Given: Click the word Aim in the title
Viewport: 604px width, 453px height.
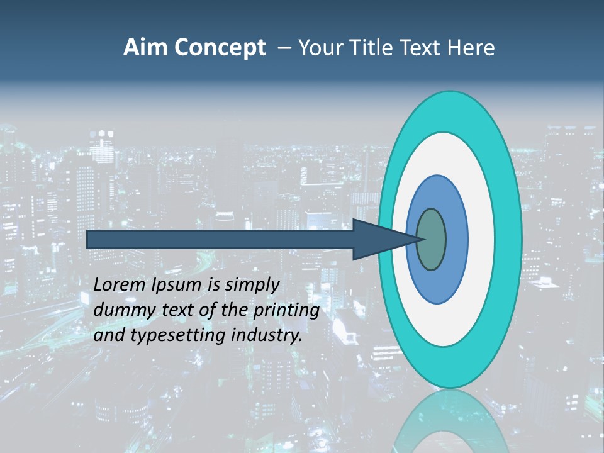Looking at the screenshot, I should (145, 48).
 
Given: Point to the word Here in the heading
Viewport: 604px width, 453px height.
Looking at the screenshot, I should (471, 48).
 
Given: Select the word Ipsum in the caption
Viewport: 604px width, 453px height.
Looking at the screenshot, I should (177, 286).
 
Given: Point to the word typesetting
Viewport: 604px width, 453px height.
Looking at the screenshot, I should (168, 336).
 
